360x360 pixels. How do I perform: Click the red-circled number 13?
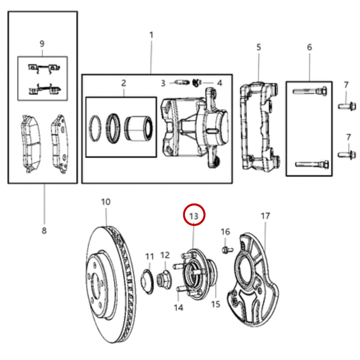[193, 216]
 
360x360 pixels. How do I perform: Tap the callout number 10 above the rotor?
[106, 202]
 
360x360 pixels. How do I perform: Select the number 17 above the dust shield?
[265, 216]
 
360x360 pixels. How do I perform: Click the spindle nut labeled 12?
[164, 279]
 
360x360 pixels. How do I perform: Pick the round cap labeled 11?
[147, 282]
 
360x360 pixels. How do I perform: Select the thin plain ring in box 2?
[95, 128]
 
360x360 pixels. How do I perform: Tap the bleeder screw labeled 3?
[182, 82]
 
